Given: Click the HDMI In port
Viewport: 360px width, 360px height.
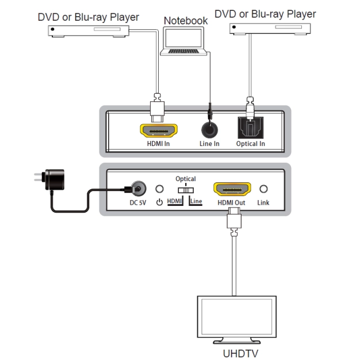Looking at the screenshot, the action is tap(159, 131).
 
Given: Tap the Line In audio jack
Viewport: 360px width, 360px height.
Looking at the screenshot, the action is tap(209, 130).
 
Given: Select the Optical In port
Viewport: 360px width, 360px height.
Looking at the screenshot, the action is tap(251, 128).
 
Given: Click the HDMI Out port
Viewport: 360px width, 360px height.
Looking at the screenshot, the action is tap(232, 189).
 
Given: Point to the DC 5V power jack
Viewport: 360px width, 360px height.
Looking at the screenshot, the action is tap(138, 189).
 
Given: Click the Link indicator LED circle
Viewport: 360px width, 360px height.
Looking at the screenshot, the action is tap(263, 189).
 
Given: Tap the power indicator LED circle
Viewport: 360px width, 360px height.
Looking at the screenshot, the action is tap(159, 189).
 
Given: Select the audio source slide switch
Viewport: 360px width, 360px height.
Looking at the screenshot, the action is tap(186, 190).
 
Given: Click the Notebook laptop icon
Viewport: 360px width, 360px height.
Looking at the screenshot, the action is tap(183, 41).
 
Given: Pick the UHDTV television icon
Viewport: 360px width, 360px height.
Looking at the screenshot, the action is tap(237, 320).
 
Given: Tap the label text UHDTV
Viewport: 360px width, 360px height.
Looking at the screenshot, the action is tap(240, 353).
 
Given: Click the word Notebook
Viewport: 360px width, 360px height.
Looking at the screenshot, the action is tap(186, 21).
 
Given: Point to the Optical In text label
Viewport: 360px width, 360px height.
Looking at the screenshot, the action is tap(251, 144).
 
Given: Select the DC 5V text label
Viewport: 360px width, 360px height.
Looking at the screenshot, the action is tap(138, 203).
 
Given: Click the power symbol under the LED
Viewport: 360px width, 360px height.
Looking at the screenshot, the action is tap(159, 202).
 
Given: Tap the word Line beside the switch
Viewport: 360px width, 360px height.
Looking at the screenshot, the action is tap(196, 201).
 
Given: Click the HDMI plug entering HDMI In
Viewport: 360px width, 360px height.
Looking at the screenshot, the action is tap(157, 108).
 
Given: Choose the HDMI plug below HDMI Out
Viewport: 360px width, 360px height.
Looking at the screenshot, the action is tap(234, 221).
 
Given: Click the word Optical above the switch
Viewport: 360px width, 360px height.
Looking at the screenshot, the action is tap(186, 179).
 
